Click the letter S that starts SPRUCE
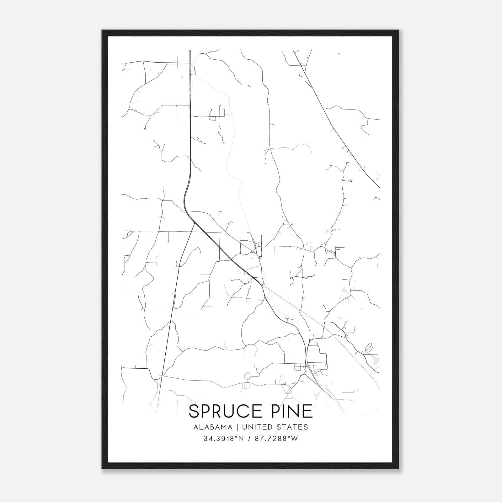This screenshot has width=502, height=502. click(194, 412)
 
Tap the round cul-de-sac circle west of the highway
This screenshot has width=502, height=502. click(145, 129)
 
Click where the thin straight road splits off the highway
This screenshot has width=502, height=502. click(195, 222)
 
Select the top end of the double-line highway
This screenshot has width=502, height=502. click(190, 50)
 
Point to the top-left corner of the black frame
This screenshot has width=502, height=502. click(102, 30)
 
